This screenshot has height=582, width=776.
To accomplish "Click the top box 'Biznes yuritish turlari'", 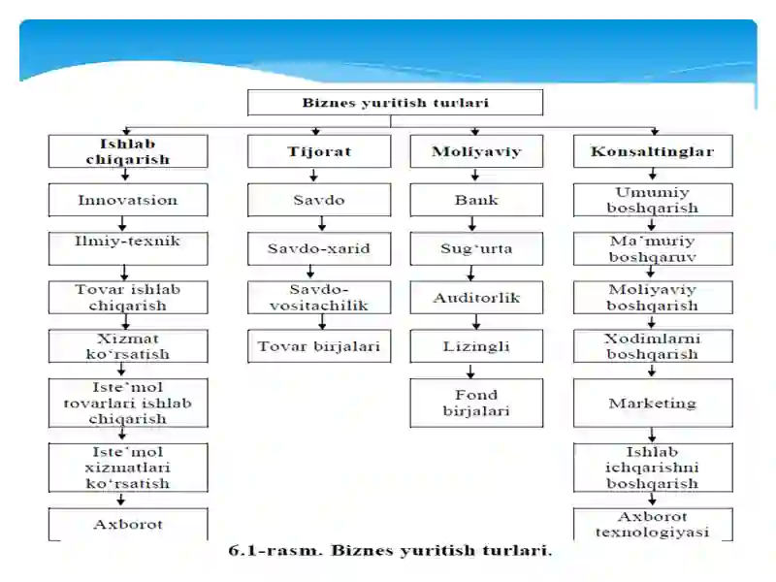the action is [x=395, y=103].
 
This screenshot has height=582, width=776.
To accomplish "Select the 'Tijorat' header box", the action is [x=319, y=151].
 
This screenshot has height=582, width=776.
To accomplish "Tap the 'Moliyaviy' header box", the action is [x=476, y=151].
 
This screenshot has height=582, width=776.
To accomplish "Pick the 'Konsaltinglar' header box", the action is [x=653, y=151].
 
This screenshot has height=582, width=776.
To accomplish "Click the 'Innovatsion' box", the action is [x=128, y=200].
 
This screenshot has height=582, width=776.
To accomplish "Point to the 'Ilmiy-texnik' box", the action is [x=128, y=248].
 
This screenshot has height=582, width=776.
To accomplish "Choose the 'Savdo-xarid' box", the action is [x=319, y=248].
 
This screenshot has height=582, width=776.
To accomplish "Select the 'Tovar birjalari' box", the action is [x=319, y=346].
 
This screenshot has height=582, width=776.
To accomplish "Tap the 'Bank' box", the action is [x=476, y=200].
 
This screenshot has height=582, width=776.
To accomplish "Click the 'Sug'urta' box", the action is [x=476, y=248].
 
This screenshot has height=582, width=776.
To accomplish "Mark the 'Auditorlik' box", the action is [x=476, y=298].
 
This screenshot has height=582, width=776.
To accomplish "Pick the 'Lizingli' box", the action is [x=476, y=346].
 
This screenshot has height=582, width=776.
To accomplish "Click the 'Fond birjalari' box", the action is [x=476, y=403].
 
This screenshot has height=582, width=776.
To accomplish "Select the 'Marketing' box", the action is [x=653, y=403].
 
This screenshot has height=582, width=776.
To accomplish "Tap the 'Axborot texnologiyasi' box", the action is [x=653, y=524].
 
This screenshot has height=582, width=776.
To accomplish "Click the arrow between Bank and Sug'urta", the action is [x=472, y=224].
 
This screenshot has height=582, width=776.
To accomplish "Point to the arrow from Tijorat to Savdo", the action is [x=313, y=176].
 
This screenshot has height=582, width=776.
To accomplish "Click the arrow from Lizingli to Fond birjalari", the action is [x=470, y=372].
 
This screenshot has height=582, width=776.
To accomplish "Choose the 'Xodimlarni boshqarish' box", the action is [x=653, y=346].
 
